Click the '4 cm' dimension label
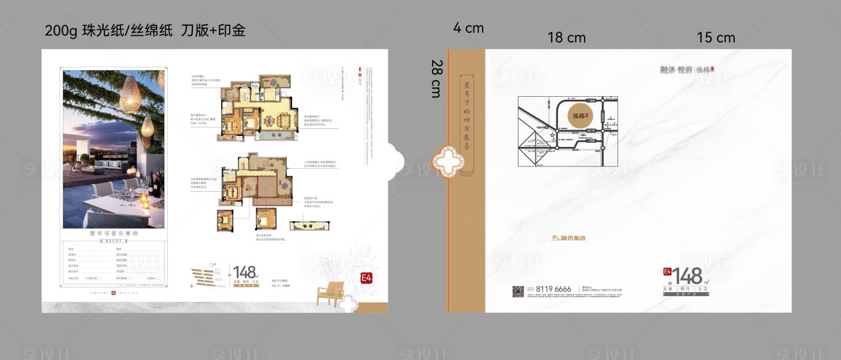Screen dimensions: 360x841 tap(468, 28)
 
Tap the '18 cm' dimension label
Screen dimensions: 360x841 tap(566, 37)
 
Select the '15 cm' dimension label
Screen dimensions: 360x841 tap(716, 37)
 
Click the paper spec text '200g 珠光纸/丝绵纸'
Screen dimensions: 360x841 tap(108, 31)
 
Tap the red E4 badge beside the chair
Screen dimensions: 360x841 tap(366, 278)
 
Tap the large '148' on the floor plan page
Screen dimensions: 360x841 tap(244, 271)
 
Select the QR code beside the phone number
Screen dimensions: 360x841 tap(518, 291)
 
